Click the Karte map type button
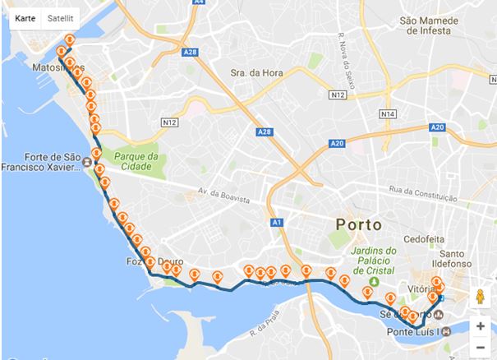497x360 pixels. pyautogui.click(x=25, y=17)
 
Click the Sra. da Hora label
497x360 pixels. pyautogui.click(x=256, y=72)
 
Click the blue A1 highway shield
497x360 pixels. pyautogui.click(x=277, y=223)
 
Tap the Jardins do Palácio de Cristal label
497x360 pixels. pyautogui.click(x=373, y=260)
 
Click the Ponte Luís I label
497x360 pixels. pyautogui.click(x=413, y=331)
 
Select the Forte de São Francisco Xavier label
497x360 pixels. pyautogui.click(x=45, y=160)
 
